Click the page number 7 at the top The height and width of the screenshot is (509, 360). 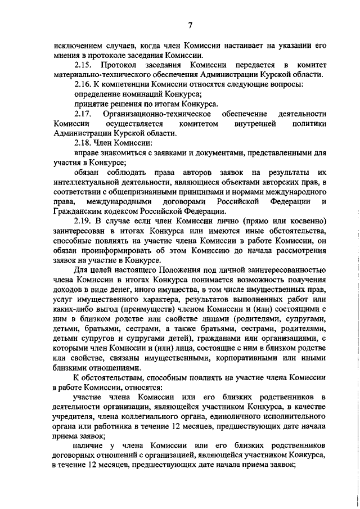(190, 25)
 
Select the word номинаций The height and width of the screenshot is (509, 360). (139, 94)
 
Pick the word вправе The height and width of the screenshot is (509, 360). (85, 153)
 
